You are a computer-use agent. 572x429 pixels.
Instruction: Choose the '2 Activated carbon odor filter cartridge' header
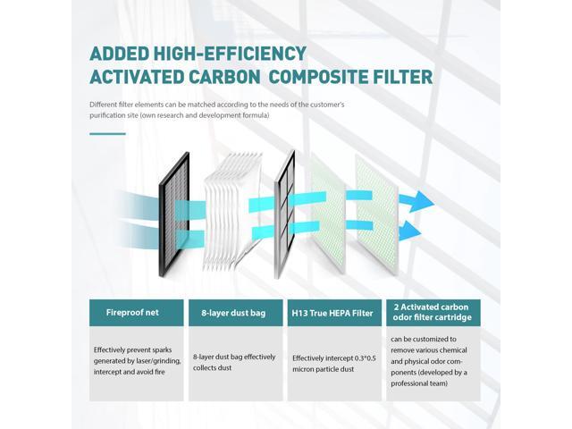click(x=433, y=312)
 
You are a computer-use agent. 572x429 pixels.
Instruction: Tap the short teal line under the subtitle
click(x=108, y=133)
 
